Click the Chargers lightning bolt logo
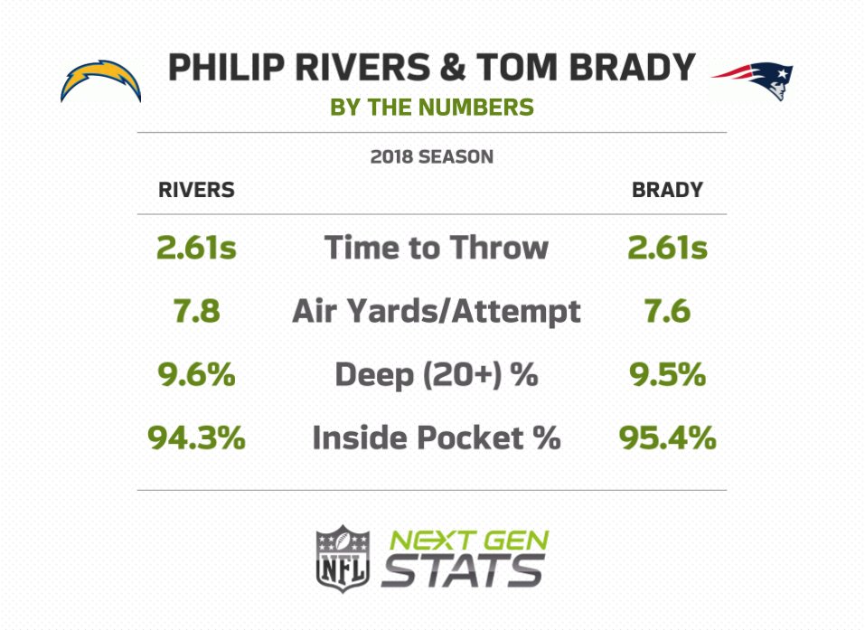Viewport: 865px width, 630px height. [100, 80]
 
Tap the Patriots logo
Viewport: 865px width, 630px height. [753, 80]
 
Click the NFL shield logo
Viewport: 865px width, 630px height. [343, 558]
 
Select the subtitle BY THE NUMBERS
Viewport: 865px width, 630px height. [432, 108]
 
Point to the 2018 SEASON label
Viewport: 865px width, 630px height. [432, 157]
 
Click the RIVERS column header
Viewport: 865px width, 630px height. [196, 190]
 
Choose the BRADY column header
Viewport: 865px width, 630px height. [667, 190]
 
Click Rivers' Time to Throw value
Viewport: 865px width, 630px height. [196, 248]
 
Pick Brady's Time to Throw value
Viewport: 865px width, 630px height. [667, 248]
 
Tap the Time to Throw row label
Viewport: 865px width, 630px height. [436, 248]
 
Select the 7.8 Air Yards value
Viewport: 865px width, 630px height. [196, 312]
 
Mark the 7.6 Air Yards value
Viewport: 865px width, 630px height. [667, 312]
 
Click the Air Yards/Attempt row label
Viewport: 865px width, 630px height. [436, 312]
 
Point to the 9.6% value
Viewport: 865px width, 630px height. [196, 374]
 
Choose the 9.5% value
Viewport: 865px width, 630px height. [667, 374]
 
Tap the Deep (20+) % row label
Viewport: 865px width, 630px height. [436, 374]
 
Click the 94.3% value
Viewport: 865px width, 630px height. [196, 438]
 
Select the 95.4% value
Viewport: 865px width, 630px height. [667, 438]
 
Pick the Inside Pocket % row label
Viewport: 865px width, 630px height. [436, 438]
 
